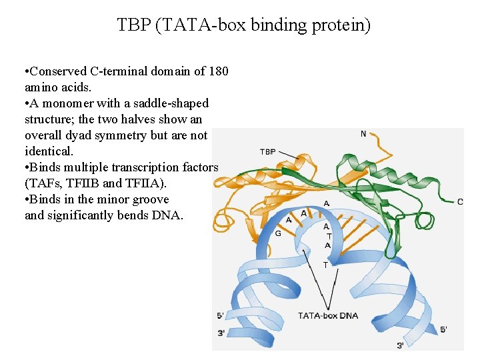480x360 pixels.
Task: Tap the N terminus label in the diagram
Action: click(x=363, y=134)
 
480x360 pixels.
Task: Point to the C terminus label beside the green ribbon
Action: click(x=460, y=202)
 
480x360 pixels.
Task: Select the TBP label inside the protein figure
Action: click(x=268, y=152)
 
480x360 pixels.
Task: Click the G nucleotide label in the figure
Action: click(x=278, y=233)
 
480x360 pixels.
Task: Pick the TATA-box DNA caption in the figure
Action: click(x=328, y=315)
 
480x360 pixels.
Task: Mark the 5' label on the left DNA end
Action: click(x=221, y=315)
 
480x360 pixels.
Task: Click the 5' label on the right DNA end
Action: click(x=444, y=329)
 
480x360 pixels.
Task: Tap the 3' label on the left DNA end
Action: click(x=221, y=333)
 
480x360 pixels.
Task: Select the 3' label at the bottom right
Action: click(x=401, y=345)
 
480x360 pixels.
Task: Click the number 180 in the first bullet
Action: click(x=219, y=71)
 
